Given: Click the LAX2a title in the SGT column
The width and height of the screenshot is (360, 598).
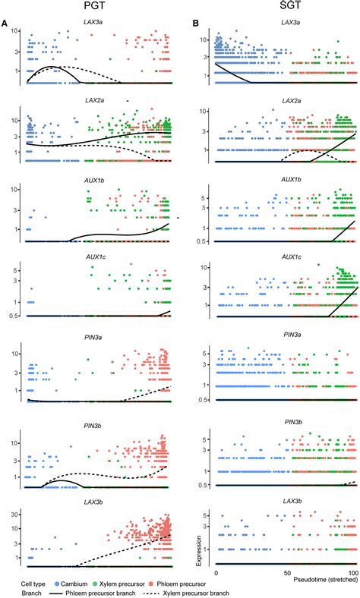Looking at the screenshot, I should [286, 102].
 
